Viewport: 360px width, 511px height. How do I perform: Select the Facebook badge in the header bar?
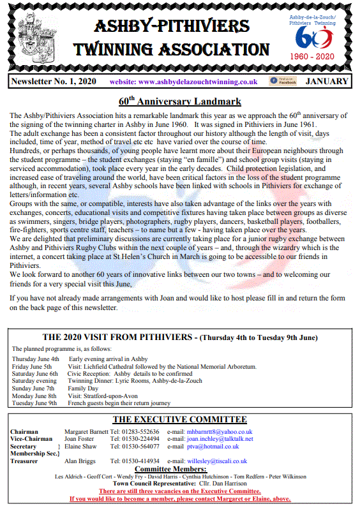[x=283, y=81]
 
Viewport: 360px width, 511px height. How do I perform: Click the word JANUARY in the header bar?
[x=327, y=82]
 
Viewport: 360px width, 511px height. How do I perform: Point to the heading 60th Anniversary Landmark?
[x=180, y=101]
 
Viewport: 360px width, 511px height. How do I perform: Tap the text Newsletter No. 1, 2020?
[x=51, y=82]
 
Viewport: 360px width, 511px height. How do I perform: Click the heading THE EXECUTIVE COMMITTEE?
[x=179, y=420]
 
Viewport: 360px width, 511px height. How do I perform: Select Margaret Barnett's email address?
[x=220, y=432]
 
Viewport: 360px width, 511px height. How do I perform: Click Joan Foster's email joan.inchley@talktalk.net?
[x=220, y=439]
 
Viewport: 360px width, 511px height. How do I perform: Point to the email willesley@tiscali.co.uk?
[x=216, y=461]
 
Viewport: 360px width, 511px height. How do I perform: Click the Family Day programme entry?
[x=84, y=388]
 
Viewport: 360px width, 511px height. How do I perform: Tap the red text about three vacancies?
[x=179, y=491]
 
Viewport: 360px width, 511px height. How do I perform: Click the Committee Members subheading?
[x=179, y=470]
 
